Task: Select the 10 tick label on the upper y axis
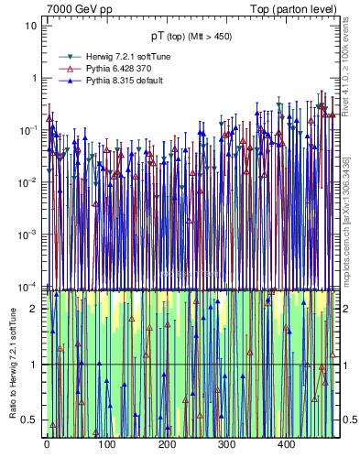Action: pos(31,26)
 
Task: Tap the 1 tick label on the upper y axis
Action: pos(34,78)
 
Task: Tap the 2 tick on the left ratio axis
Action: pos(34,309)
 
